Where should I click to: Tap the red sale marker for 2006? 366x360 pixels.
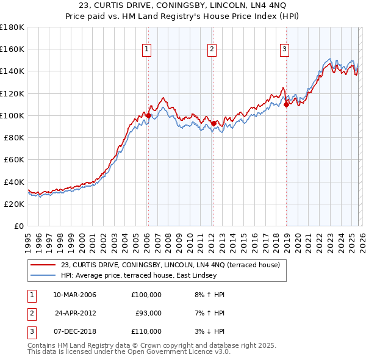click(x=148, y=115)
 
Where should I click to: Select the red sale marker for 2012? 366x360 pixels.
click(x=214, y=123)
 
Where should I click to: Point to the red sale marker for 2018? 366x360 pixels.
click(x=286, y=104)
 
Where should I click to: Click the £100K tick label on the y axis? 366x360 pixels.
click(x=13, y=115)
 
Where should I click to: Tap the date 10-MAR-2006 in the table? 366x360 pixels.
click(x=74, y=295)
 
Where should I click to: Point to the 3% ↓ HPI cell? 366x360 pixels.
click(x=207, y=331)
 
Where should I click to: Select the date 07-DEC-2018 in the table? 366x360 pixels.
click(x=74, y=331)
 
